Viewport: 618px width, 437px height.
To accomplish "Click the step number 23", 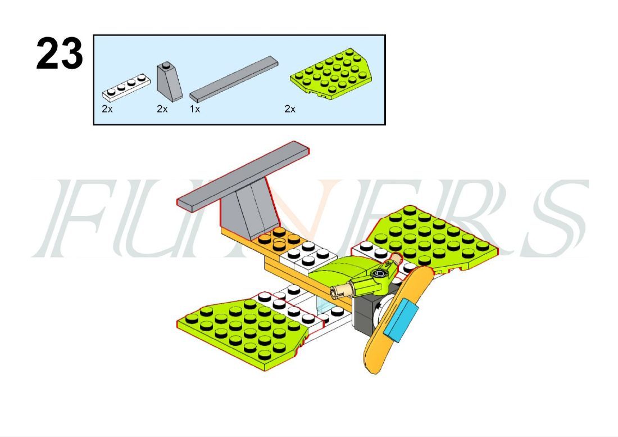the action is tap(60, 53).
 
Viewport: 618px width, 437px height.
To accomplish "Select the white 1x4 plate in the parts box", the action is tap(126, 85).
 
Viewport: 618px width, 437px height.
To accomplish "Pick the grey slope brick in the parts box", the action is tap(169, 80).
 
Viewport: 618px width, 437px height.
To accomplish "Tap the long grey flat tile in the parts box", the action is tap(234, 79).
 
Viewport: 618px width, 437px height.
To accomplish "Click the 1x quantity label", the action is tap(195, 109).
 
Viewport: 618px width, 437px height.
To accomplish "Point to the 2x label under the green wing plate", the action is tap(290, 109).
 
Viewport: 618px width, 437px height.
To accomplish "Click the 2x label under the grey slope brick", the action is tap(162, 109).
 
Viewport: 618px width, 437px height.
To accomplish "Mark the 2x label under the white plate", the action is tap(107, 109).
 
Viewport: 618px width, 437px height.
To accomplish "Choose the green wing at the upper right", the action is tap(432, 237).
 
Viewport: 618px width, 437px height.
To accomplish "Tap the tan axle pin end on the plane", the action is tap(340, 290).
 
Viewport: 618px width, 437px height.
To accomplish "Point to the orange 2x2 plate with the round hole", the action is tap(279, 238).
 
